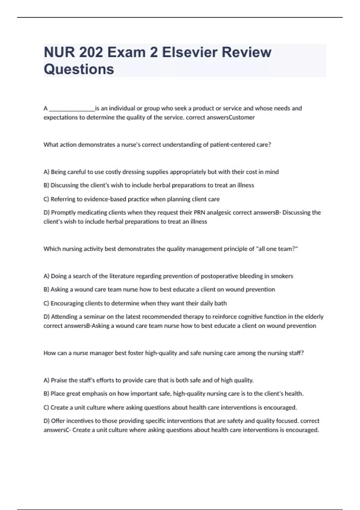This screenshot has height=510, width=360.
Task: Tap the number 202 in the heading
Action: tap(91, 52)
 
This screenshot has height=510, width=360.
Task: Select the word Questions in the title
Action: tap(79, 69)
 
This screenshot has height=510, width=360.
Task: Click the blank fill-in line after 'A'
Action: tap(72, 109)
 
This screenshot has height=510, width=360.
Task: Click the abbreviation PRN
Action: tap(199, 212)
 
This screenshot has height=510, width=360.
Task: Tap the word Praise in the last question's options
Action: tap(59, 380)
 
